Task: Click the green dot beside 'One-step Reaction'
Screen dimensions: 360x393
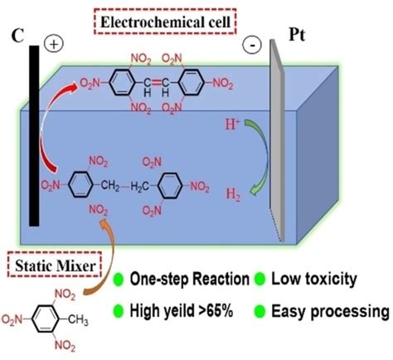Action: pos(121,280)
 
